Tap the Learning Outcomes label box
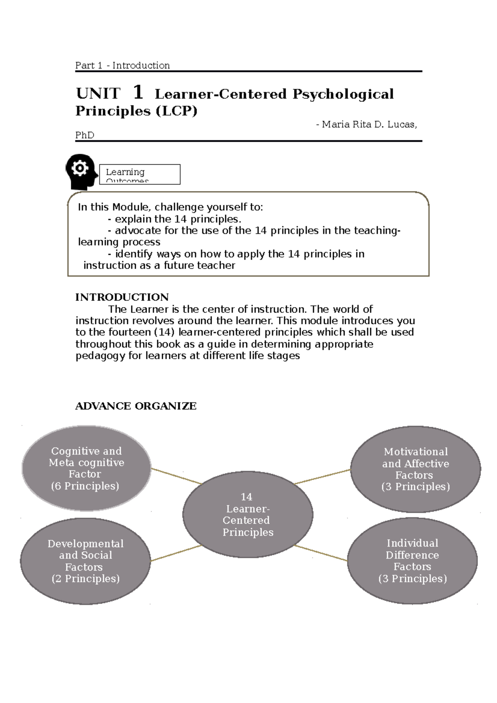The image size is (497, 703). coord(140,174)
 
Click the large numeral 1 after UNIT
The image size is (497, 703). coord(138,92)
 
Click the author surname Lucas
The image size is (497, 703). coord(401,124)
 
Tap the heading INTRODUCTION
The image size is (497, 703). coord(122,297)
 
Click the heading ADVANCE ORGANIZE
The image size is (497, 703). coord(135,406)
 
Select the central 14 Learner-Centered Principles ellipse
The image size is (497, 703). coord(248,515)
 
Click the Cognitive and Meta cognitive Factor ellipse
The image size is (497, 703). coord(86,468)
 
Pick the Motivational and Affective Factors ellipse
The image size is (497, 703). coord(415,469)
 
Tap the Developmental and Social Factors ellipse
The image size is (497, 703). coord(85,561)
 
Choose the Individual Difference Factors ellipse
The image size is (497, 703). coord(412,561)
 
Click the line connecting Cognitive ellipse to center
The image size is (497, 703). coord(176,476)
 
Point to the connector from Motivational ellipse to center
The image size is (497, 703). coord(322,477)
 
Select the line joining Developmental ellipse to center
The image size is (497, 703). coord(176,553)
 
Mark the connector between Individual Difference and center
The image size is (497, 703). coord(321,553)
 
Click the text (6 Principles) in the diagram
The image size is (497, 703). coord(85,486)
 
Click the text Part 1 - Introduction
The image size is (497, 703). coord(122,65)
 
